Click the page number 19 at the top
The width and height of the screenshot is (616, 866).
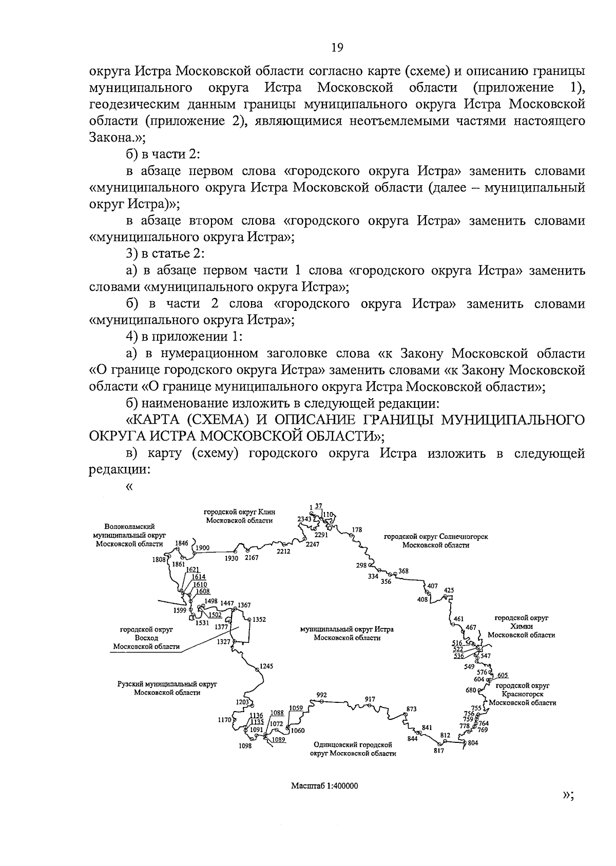coord(337,48)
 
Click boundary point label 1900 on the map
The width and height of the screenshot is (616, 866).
coord(203,547)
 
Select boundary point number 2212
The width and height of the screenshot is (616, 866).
coord(283,552)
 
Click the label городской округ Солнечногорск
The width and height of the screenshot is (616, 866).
coord(436,537)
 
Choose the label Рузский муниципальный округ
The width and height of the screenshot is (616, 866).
coord(167,684)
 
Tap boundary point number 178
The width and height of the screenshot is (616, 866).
coord(357,529)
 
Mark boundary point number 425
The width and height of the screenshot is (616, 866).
coord(449,590)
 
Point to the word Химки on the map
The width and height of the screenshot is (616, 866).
coord(522,626)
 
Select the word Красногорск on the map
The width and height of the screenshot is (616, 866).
coord(523,694)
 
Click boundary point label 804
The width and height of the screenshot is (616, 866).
coord(473,743)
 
